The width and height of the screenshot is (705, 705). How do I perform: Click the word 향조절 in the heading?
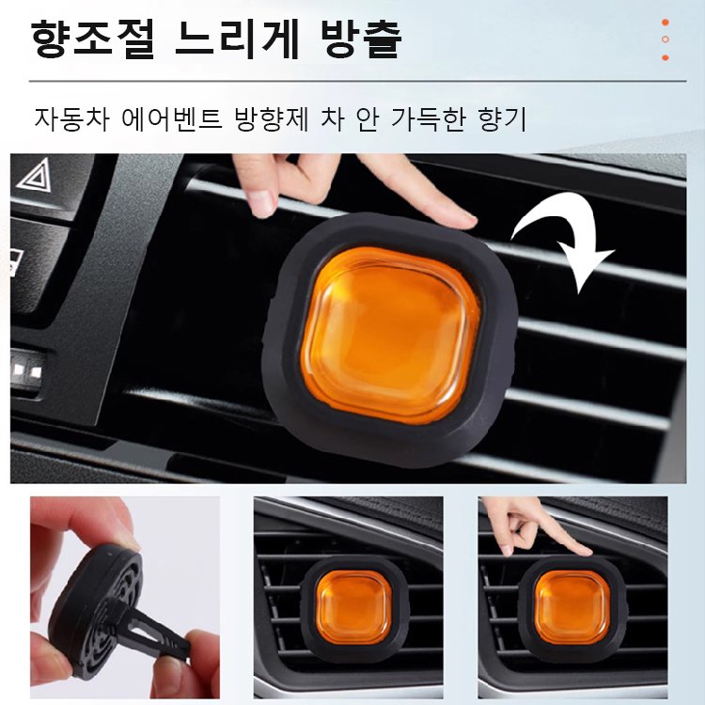tap(88, 40)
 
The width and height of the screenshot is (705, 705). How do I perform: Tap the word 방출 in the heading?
tap(362, 40)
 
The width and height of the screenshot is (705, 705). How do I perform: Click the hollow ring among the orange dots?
tap(665, 39)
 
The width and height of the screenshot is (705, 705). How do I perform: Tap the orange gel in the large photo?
tap(393, 335)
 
